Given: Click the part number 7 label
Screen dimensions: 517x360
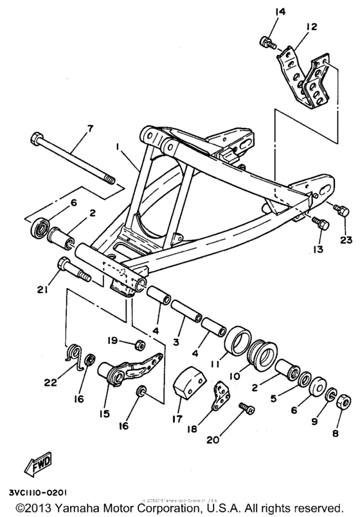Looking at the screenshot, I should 89,129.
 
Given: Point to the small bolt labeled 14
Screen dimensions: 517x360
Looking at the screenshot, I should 265,42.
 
